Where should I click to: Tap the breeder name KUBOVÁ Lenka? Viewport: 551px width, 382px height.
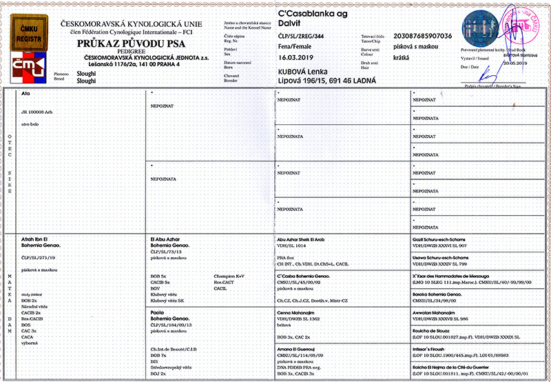coord(306,72)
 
